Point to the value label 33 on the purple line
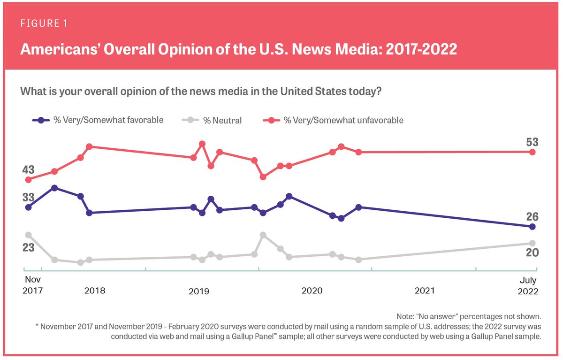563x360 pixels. coord(29,198)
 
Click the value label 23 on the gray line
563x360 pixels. coord(29,247)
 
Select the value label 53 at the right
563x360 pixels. coord(532,142)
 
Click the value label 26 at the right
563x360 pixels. coord(532,217)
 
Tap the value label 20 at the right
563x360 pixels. coord(532,253)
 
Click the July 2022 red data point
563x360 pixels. coord(532,152)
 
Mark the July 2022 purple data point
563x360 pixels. coord(532,227)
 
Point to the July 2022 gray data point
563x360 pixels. coord(532,243)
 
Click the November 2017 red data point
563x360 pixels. coord(29,180)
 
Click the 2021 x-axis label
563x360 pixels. coord(424,291)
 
